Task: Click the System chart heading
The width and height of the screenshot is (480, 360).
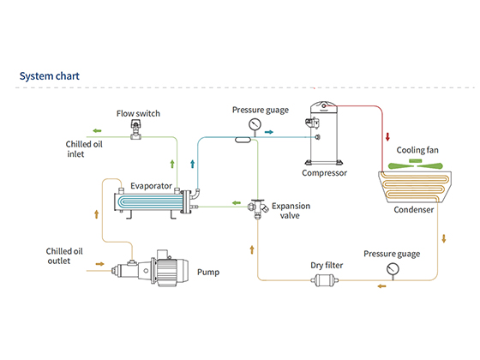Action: click(50, 76)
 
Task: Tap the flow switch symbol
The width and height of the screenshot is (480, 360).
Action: click(136, 129)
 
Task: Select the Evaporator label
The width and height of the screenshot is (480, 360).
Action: click(151, 186)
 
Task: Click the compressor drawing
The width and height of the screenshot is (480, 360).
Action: click(323, 133)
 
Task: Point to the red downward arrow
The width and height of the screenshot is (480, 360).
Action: click(387, 136)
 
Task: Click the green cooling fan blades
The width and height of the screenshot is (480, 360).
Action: click(416, 165)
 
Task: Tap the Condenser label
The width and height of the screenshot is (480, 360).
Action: click(413, 210)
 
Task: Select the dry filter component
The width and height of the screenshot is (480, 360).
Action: click(325, 280)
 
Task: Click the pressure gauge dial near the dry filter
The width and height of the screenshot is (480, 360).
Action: click(393, 269)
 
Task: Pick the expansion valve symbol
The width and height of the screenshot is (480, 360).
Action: click(258, 209)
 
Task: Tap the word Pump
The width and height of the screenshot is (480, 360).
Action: click(208, 273)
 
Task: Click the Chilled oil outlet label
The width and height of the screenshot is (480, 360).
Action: click(64, 256)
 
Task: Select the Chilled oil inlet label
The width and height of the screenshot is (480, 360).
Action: click(84, 149)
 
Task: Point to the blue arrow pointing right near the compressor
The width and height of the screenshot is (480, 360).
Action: click(269, 132)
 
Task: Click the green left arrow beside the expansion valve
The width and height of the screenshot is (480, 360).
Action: click(237, 202)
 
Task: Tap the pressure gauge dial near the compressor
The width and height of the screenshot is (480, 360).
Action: click(255, 124)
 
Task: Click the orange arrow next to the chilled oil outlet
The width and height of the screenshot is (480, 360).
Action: click(99, 264)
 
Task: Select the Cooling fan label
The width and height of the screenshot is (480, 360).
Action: click(417, 150)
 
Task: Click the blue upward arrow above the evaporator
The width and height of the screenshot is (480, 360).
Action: click(193, 164)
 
